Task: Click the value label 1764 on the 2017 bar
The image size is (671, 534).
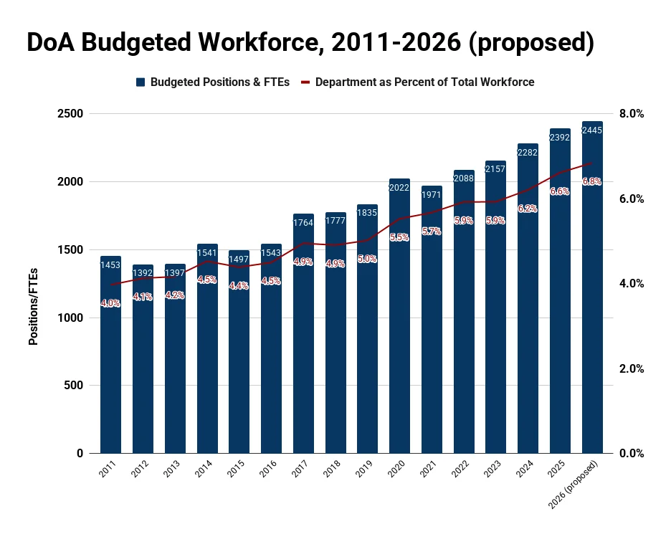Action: point(303,224)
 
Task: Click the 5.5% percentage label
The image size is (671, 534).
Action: point(399,237)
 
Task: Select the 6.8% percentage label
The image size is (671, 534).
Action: point(592,181)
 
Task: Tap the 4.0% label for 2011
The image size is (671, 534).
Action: point(110,303)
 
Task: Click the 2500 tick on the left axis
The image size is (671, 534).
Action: point(70,114)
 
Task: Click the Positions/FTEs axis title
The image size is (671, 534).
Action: point(33,306)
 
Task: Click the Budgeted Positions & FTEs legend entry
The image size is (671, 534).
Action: point(213,82)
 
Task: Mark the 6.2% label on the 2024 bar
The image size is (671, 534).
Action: point(528,209)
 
